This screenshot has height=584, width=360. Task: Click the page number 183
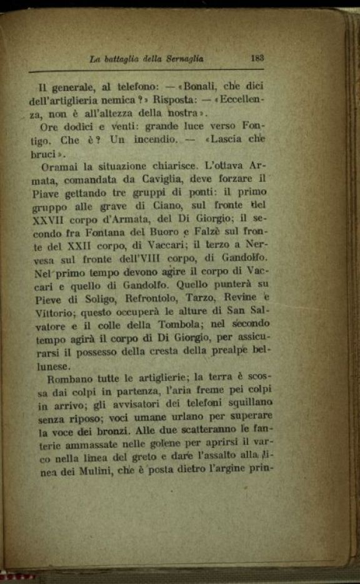257,57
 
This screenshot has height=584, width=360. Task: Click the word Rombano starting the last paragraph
60,378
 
